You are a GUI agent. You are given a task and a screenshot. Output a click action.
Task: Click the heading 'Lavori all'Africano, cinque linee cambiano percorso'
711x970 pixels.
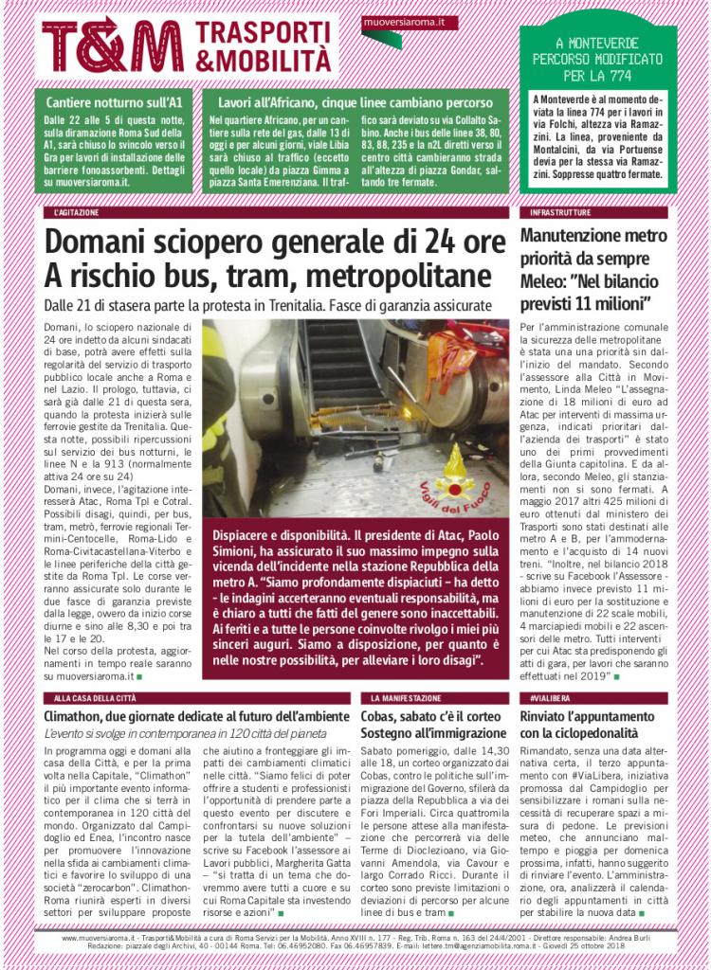(x=355, y=101)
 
